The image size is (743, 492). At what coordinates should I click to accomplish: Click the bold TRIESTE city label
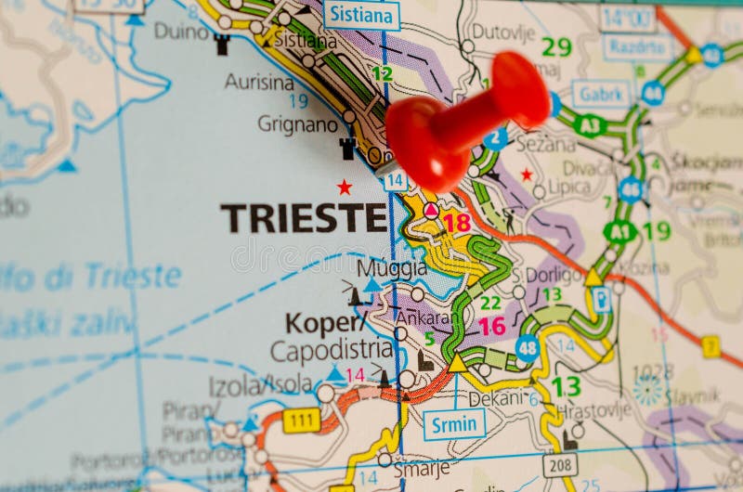303,217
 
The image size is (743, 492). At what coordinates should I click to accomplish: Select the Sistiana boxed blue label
361,15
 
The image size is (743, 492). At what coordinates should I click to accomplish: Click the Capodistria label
332,350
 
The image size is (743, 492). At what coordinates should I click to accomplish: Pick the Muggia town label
392,267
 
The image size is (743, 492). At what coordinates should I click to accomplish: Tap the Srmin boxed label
454,424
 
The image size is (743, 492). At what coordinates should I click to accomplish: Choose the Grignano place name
297,123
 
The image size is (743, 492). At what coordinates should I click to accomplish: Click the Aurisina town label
259,82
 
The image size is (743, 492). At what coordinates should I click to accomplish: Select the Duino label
181,31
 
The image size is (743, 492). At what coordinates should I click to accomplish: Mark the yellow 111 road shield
301,421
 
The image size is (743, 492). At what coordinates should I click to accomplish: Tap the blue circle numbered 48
528,348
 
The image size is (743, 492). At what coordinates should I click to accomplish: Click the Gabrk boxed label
601,93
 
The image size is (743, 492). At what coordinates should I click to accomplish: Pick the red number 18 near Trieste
456,222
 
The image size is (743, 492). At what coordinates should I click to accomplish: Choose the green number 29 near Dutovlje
556,46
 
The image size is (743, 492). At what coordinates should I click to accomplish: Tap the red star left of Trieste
345,187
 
